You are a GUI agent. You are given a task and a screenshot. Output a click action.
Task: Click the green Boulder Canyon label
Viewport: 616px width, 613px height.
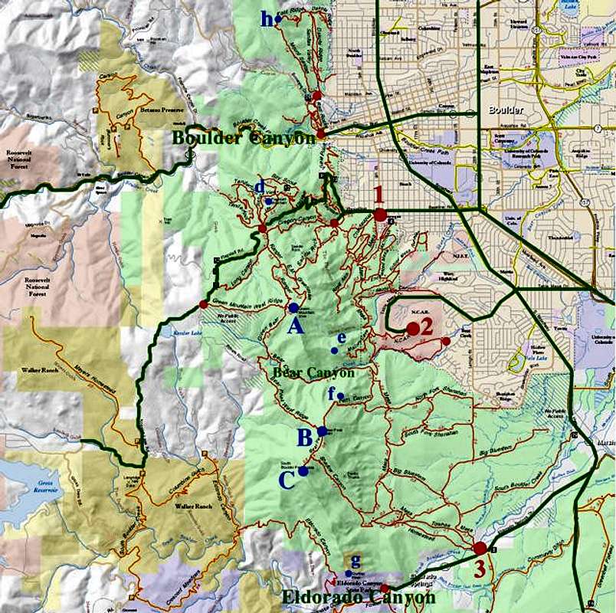[x=244, y=139]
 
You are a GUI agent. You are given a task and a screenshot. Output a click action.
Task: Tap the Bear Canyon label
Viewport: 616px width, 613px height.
[x=314, y=373]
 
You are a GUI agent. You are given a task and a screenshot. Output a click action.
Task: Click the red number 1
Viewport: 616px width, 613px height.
[x=376, y=194]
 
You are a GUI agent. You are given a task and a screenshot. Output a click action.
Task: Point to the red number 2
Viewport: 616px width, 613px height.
[x=427, y=326]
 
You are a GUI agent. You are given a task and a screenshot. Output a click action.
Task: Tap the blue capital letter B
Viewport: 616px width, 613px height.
[x=304, y=438]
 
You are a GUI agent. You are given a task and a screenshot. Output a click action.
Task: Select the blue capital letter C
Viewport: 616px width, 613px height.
[x=287, y=481]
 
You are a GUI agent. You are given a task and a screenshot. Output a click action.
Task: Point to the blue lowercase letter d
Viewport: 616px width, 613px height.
[x=260, y=185]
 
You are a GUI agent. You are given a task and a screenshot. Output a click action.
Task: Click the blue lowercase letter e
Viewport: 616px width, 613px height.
[x=342, y=337]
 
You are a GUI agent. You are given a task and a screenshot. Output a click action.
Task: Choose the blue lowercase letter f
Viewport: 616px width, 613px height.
[x=332, y=393]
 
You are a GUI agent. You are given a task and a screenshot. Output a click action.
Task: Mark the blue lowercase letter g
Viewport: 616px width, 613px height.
[x=356, y=562]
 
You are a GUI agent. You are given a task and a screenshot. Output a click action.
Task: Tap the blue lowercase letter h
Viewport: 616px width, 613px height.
[x=266, y=19]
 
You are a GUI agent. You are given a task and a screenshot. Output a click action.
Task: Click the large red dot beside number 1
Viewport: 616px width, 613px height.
[x=381, y=215]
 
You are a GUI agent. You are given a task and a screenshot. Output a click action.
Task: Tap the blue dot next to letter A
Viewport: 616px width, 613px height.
[x=293, y=307]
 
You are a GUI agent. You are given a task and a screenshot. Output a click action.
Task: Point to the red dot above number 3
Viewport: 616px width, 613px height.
[x=480, y=548]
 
